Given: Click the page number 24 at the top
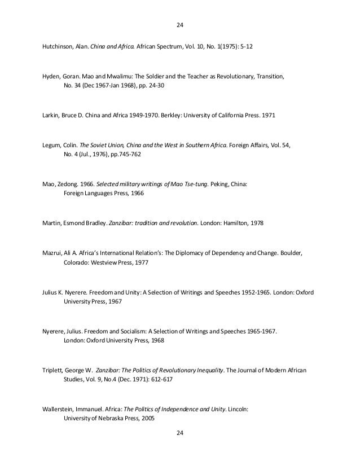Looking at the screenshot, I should coord(180,25).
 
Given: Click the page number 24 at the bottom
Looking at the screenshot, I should coord(180,433).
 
